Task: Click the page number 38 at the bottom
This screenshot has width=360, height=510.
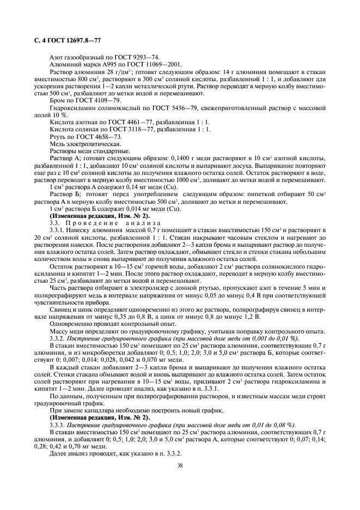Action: coord(180,466)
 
